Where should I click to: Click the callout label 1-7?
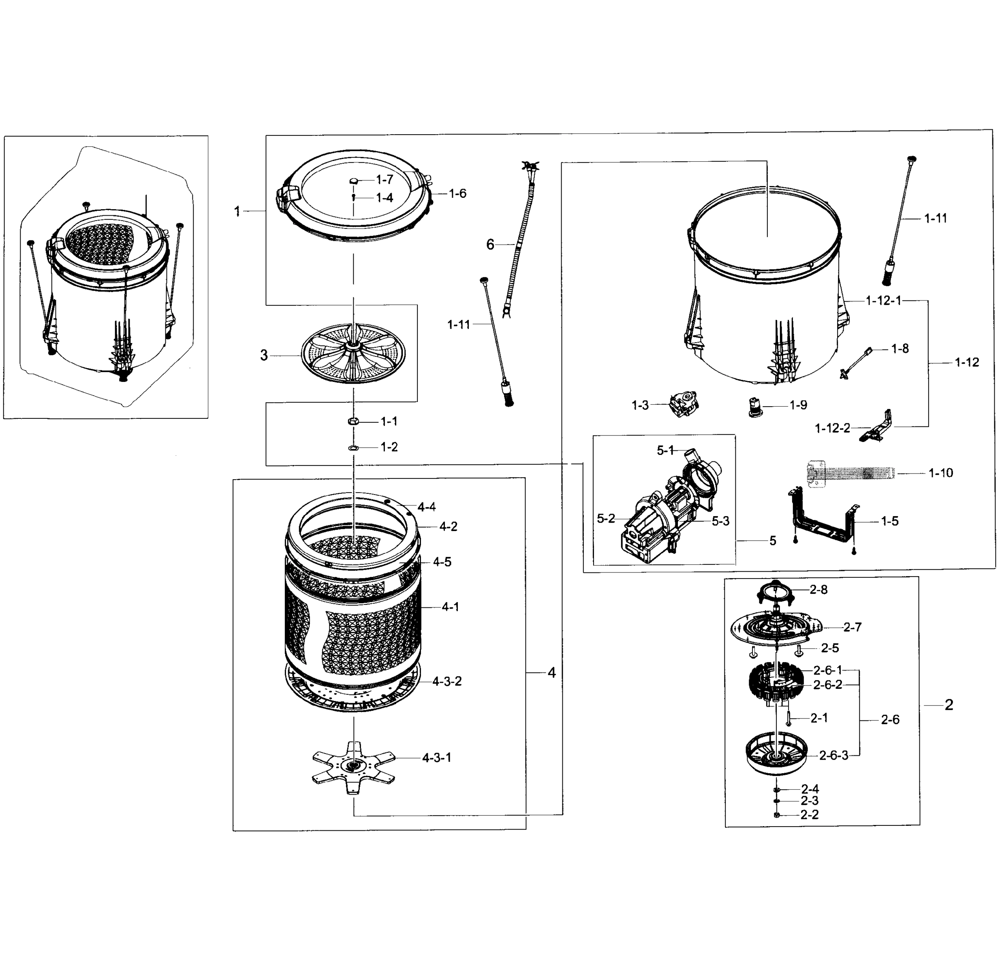point(384,179)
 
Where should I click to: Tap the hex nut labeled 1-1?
point(353,421)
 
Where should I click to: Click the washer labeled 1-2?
point(353,448)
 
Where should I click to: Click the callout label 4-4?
point(426,507)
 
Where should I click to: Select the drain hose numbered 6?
point(518,240)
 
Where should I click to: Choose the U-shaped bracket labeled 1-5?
point(822,519)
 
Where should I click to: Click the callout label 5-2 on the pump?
point(606,519)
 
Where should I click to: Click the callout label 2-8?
point(819,590)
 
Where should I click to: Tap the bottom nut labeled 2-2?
point(777,814)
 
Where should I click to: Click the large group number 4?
point(551,673)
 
